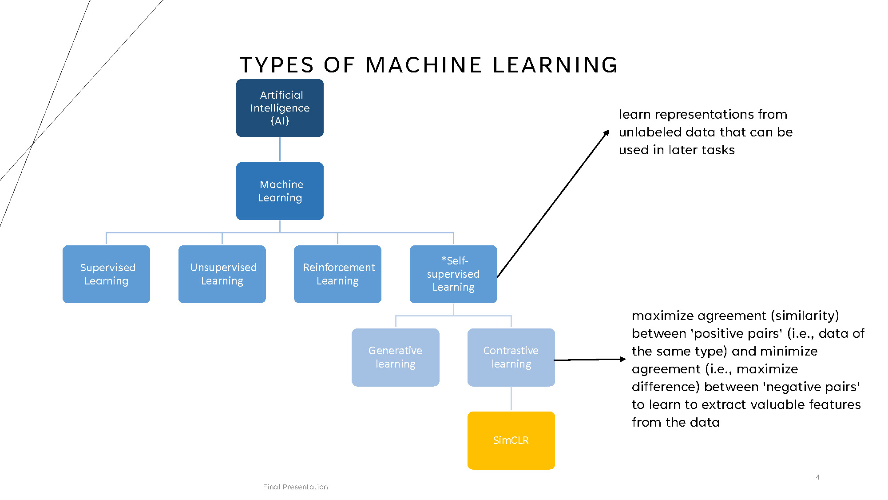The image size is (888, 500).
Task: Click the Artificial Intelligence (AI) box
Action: point(280,108)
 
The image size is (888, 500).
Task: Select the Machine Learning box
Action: point(280,191)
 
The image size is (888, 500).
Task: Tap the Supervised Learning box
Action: point(106,274)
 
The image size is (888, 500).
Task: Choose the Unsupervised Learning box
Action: point(222,274)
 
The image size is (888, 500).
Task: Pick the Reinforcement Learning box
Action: point(337,274)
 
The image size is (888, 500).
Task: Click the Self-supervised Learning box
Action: point(453,274)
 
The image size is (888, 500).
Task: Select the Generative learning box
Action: point(395,357)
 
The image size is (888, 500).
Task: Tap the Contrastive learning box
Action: point(511,357)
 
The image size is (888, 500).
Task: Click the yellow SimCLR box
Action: point(511,440)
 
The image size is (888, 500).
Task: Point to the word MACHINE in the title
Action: point(424,65)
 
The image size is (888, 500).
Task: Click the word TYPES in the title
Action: point(277,65)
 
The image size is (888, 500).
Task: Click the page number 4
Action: point(817,477)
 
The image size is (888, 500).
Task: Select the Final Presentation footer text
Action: point(295,487)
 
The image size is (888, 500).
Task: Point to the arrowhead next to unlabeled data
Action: point(607,133)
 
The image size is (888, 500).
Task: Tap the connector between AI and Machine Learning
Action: point(280,149)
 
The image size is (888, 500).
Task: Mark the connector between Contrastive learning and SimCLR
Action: point(511,399)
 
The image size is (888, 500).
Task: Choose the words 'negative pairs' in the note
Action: point(811,387)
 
